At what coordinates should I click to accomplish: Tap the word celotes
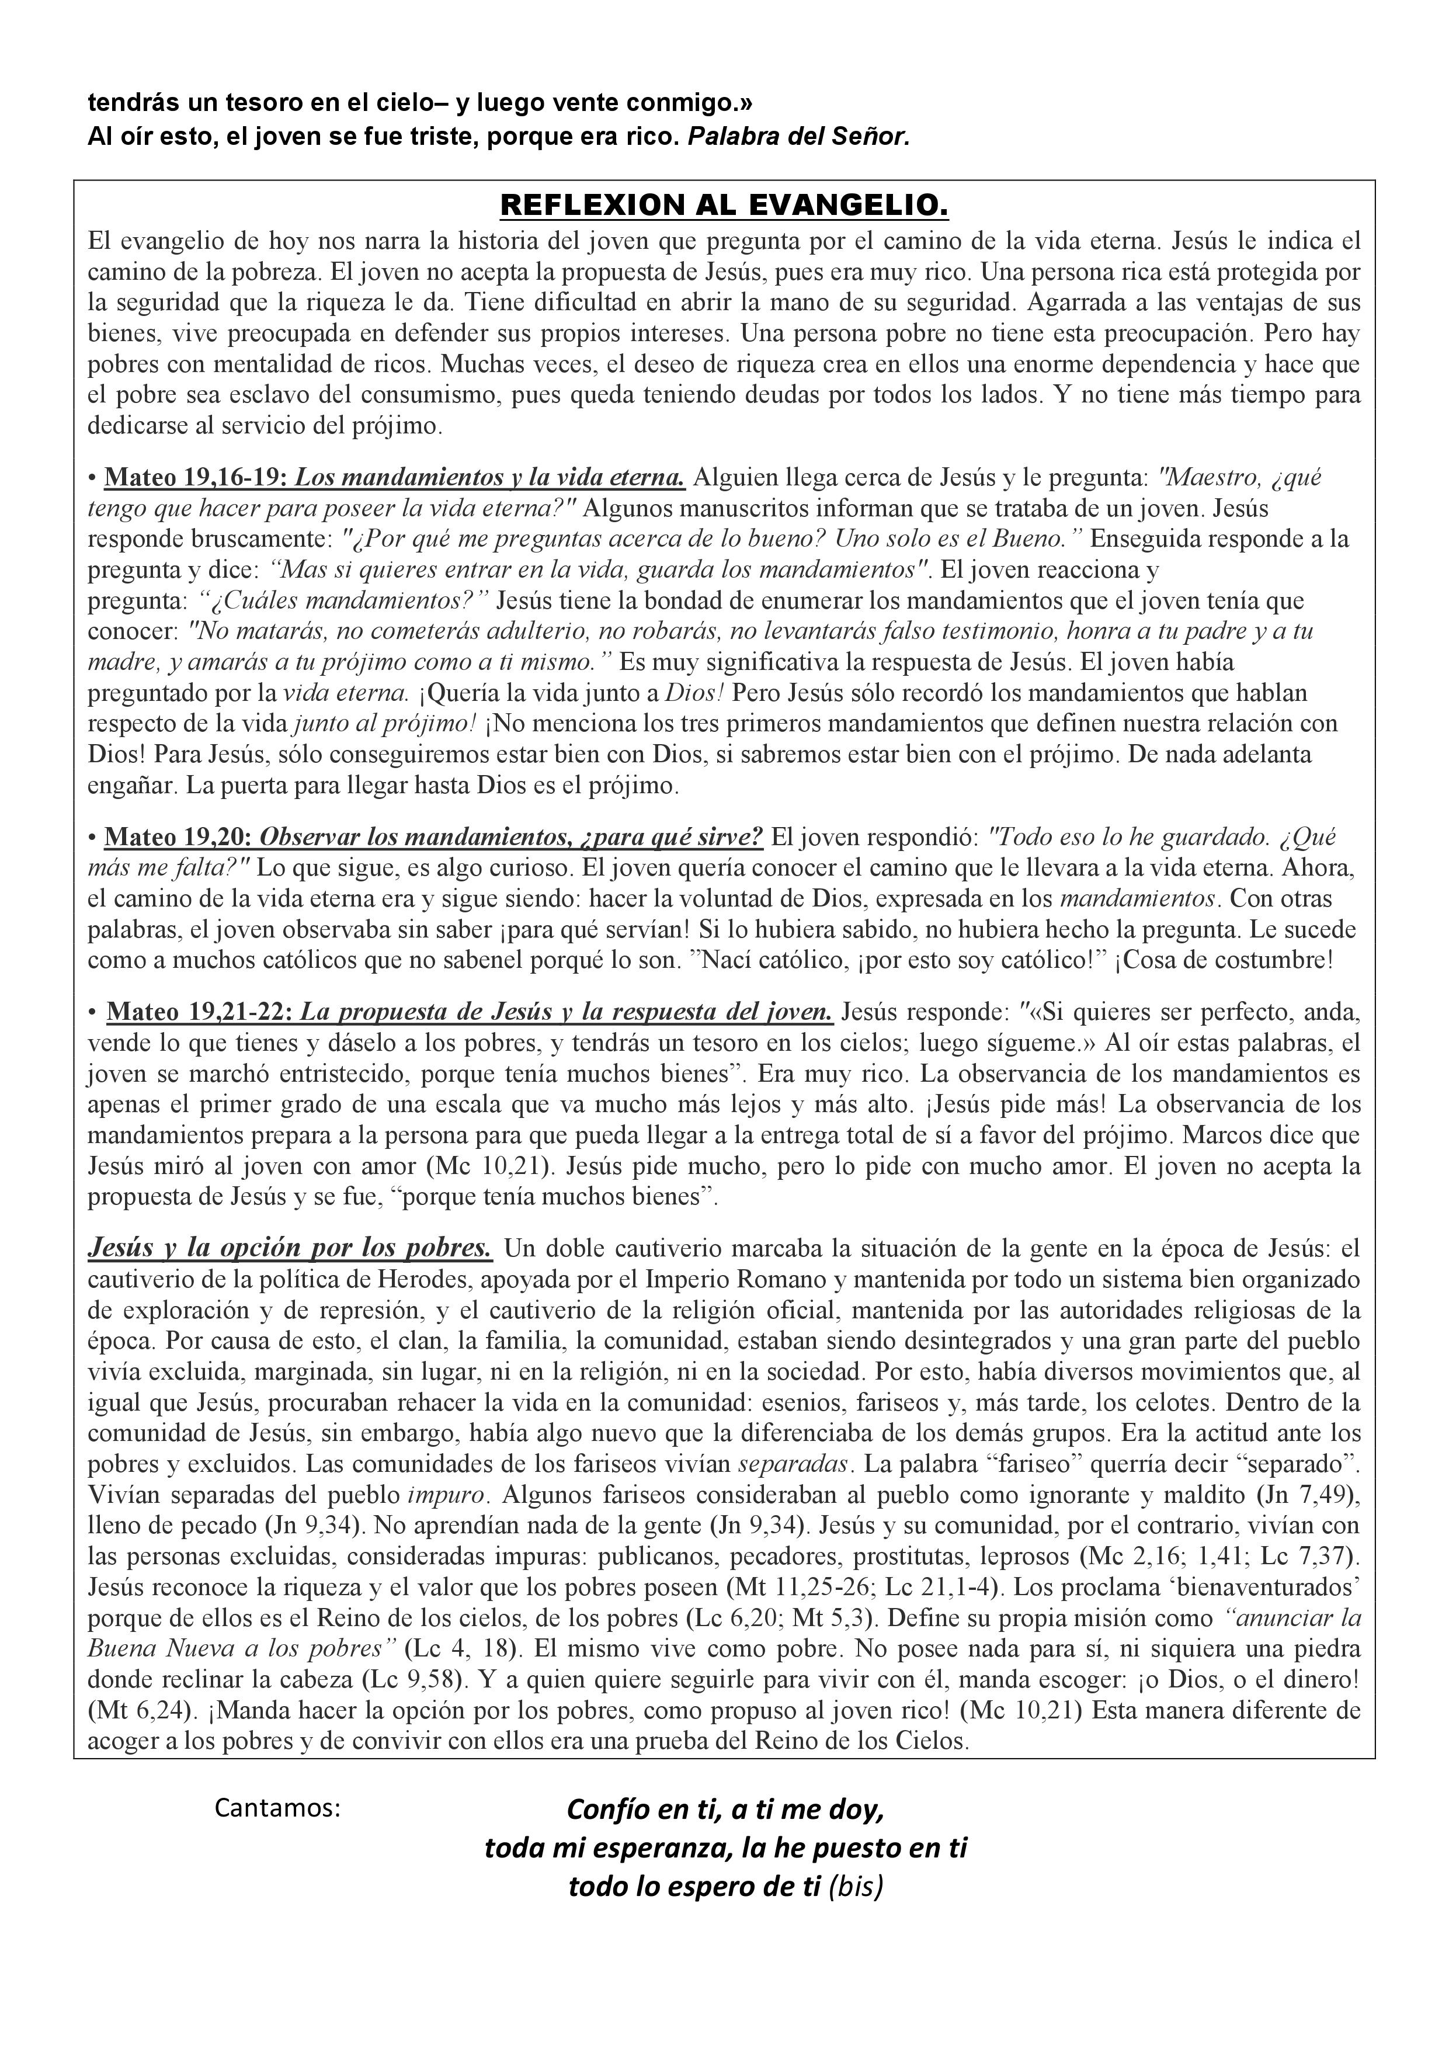point(1227,1403)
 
